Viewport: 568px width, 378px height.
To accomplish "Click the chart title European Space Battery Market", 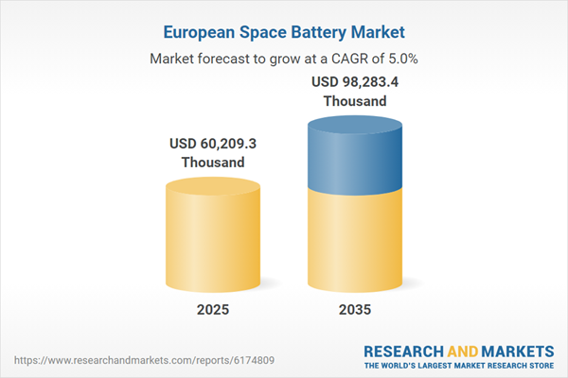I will (x=283, y=31).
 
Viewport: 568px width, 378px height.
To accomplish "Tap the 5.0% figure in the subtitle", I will (x=399, y=59).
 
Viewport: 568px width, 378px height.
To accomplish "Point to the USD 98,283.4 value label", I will (x=355, y=82).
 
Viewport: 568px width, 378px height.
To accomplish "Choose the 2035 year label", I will (x=355, y=310).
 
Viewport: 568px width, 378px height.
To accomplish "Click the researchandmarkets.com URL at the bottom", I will (x=117, y=360).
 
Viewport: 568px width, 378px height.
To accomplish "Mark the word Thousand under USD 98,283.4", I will (x=355, y=100).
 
